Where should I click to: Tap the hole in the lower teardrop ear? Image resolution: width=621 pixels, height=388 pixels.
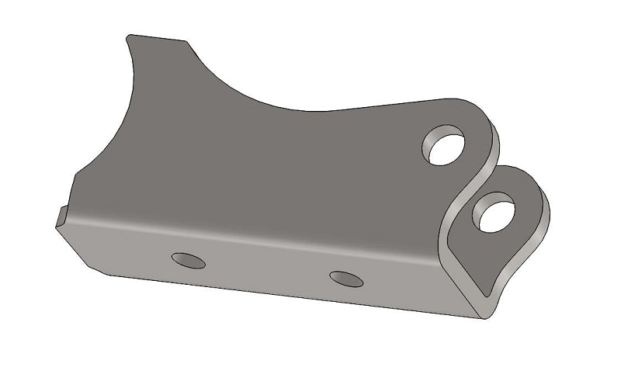(497, 212)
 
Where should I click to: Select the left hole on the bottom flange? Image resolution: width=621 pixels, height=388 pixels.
(189, 261)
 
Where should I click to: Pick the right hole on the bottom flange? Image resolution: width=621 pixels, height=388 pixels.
(346, 279)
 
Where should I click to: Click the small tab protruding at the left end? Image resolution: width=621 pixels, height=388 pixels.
(61, 217)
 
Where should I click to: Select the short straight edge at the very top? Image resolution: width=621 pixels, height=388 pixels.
(158, 37)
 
